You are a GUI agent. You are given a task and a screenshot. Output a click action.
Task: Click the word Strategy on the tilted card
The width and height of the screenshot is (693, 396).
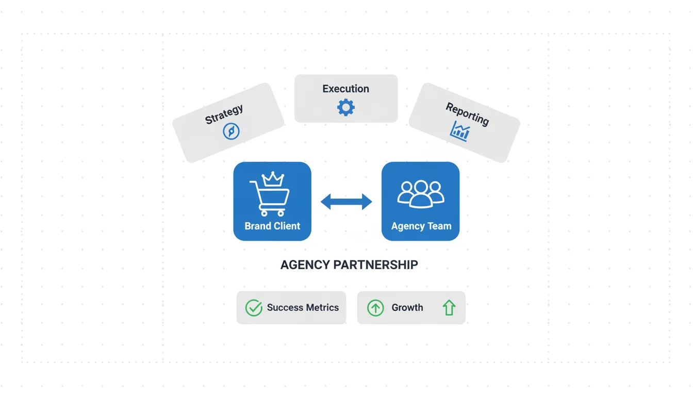[x=224, y=114]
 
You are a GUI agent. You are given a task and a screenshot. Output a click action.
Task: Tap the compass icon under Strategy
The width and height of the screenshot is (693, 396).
[x=231, y=131]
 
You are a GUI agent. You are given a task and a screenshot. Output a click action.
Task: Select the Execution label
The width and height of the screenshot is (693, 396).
[x=345, y=89]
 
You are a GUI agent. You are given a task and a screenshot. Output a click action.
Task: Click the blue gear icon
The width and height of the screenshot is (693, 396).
[x=345, y=107]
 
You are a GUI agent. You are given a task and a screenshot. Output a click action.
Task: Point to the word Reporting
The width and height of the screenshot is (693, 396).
[x=467, y=114]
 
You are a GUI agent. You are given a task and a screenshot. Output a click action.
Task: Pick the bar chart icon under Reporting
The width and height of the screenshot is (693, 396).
[x=460, y=131]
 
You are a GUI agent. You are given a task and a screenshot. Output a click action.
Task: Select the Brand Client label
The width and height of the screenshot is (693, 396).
[x=272, y=226]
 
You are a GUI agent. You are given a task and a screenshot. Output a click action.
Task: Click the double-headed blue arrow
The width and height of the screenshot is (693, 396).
[x=346, y=202]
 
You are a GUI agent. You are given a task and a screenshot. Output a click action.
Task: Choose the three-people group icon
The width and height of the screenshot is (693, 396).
[x=421, y=194]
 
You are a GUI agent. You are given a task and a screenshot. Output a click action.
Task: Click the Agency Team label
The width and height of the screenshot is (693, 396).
[x=421, y=226]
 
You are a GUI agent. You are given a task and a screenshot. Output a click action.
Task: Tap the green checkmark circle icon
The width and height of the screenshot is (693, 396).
[x=254, y=308]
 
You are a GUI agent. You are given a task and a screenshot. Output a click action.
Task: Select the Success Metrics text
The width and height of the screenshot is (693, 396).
[x=303, y=308]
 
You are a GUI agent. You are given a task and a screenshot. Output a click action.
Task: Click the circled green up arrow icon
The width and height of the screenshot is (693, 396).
[x=375, y=308]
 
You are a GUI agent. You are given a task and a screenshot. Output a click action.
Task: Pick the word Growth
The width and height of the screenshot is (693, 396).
[x=407, y=308]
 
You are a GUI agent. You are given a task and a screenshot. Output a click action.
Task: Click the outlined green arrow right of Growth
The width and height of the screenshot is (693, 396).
[x=449, y=308]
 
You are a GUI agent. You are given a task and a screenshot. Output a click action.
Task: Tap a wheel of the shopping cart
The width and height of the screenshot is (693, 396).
[x=263, y=213]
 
